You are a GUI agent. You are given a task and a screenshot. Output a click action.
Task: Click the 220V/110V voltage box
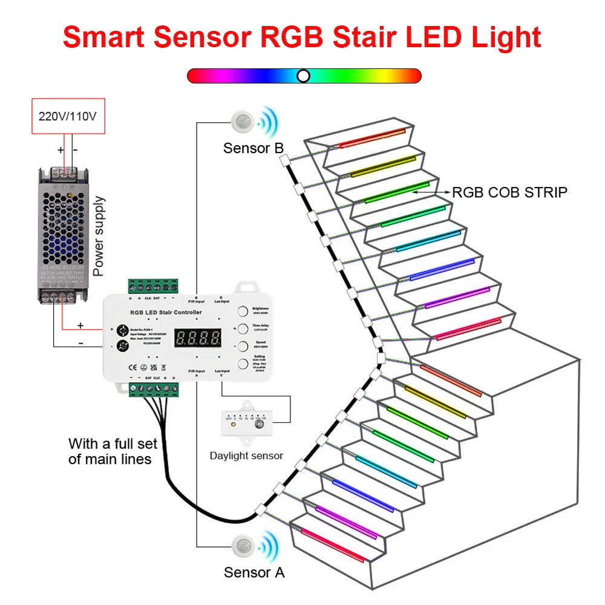click(67, 116)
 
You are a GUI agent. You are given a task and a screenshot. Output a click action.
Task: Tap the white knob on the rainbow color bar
click(304, 76)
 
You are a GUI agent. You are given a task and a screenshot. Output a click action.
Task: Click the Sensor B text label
click(253, 148)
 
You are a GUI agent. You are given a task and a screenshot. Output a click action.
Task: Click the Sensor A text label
click(253, 572)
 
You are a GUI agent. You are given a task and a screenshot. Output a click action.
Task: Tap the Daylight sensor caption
click(246, 456)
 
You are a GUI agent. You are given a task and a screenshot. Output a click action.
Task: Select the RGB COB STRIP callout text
click(510, 192)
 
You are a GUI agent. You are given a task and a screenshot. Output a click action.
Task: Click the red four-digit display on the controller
click(198, 338)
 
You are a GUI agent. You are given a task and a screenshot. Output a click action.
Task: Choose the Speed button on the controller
click(243, 346)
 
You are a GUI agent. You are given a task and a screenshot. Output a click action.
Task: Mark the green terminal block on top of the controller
click(152, 286)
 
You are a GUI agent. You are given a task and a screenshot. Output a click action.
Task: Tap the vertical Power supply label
click(99, 236)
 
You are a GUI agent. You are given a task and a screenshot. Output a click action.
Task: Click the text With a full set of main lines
click(113, 451)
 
